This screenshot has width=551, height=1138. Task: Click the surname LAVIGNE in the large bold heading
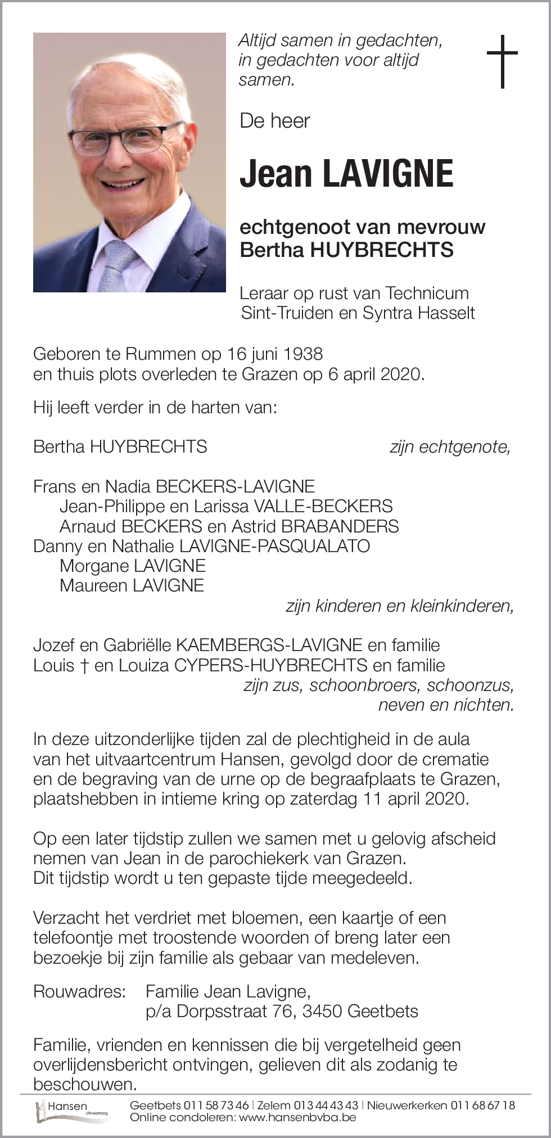pyautogui.click(x=388, y=174)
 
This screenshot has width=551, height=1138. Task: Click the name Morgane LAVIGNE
pyautogui.click(x=133, y=566)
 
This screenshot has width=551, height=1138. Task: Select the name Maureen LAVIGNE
pyautogui.click(x=132, y=585)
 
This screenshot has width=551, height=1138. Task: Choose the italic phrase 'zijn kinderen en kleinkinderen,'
pyautogui.click(x=399, y=606)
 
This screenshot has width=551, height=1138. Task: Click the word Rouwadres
pyautogui.click(x=79, y=991)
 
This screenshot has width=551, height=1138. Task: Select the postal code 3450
pyautogui.click(x=322, y=1011)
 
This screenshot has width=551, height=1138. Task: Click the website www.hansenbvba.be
pyautogui.click(x=297, y=1117)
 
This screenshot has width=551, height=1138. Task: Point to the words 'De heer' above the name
pyautogui.click(x=274, y=121)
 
